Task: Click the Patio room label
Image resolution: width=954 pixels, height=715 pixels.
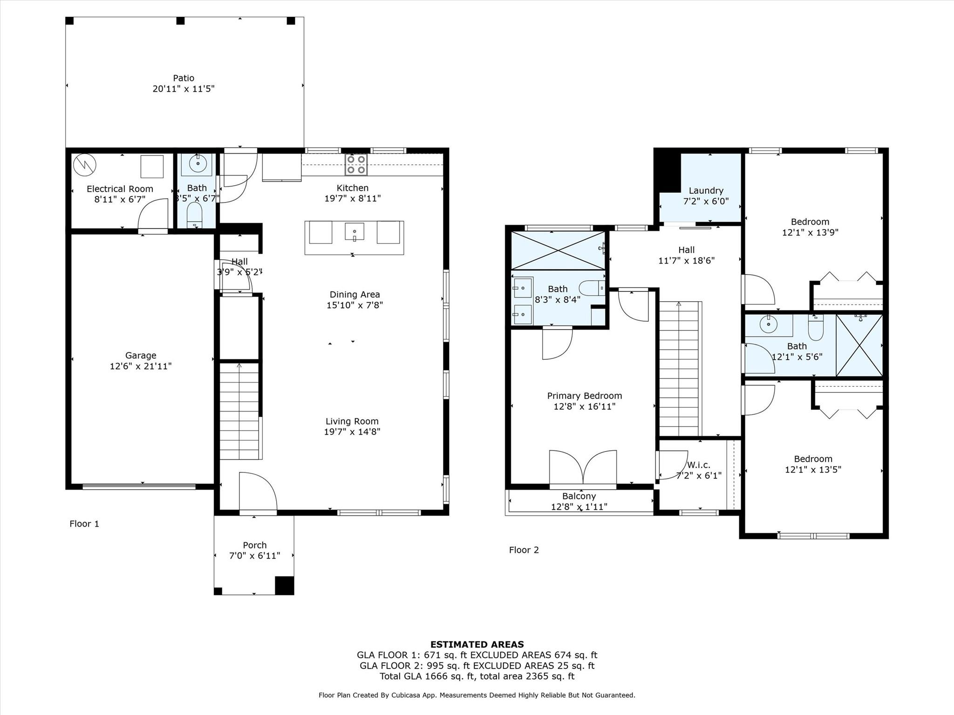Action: pos(184,78)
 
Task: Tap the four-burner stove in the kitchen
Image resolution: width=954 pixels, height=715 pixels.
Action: pos(356,165)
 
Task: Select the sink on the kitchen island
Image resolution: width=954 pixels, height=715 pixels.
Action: pos(354,232)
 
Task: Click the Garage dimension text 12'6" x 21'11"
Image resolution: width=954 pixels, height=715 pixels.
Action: pos(141,366)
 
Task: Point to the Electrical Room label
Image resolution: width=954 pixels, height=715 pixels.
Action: pos(120,189)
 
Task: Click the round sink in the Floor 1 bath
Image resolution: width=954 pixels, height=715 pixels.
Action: pos(198,163)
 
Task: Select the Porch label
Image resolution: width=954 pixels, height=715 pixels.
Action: pos(255,545)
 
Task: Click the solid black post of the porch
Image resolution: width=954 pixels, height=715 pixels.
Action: pos(285,586)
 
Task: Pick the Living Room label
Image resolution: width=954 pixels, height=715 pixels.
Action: pos(352,421)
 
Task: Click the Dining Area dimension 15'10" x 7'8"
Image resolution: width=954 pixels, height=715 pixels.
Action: pos(355,305)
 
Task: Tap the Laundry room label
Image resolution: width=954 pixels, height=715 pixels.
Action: pos(706,190)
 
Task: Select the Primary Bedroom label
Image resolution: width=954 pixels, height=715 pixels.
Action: pos(585,396)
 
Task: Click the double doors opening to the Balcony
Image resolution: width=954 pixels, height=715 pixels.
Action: pos(583,468)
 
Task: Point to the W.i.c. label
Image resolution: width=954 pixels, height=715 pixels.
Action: pos(699,465)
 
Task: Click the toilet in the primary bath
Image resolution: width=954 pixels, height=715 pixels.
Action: pos(593,288)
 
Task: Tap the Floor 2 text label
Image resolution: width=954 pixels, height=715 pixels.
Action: pos(524,550)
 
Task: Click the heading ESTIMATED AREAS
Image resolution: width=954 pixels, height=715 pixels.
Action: pos(477,644)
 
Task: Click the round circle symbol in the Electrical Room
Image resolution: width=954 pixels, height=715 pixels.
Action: pos(85,165)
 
